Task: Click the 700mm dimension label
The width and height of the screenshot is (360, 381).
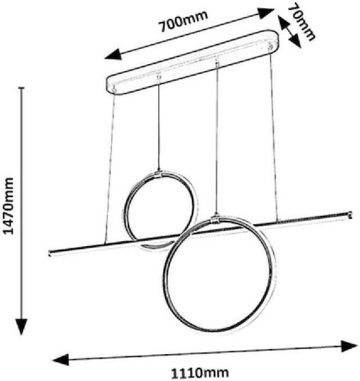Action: tap(184, 21)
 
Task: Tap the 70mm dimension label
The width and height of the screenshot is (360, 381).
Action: tap(301, 22)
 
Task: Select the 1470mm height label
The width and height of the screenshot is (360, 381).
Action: tap(8, 206)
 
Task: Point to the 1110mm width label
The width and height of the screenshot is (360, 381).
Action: tap(200, 373)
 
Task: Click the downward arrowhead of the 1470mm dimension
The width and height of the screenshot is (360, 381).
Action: tap(22, 327)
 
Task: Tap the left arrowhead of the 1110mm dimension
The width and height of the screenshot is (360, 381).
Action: tap(61, 359)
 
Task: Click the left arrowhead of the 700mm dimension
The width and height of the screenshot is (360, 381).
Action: tap(113, 54)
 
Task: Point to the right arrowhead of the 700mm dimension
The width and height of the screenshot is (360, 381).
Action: tap(266, 13)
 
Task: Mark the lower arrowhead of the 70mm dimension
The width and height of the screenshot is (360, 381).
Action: tap(295, 41)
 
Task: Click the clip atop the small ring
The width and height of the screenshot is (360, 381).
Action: tap(159, 174)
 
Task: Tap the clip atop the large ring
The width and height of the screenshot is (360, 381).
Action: tap(215, 219)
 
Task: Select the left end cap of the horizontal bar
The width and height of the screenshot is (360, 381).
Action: tap(50, 253)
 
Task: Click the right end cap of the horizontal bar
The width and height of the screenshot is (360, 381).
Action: tap(350, 214)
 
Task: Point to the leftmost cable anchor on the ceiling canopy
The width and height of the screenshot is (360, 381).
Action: tap(114, 89)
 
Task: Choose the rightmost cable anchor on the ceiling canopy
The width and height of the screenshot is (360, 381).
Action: tap(270, 45)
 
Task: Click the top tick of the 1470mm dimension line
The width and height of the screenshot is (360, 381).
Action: tap(22, 87)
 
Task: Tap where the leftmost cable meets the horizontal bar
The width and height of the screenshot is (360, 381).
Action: tap(104, 243)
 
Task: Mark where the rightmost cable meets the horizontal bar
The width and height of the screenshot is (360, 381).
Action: tap(277, 220)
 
